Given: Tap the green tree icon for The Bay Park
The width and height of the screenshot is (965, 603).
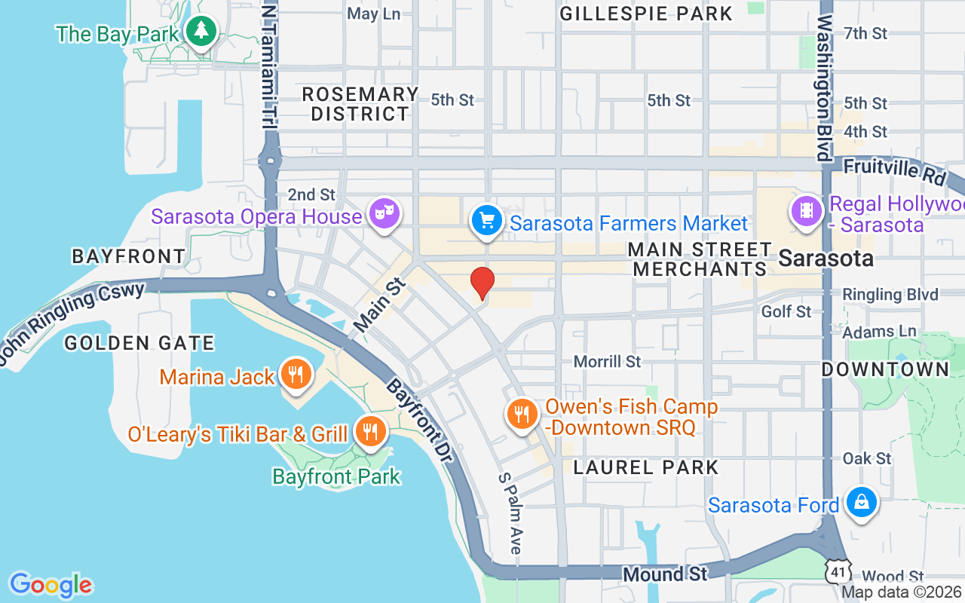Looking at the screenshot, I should pos(201,32).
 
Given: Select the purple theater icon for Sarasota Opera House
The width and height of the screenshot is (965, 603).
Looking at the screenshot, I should pos(384,215).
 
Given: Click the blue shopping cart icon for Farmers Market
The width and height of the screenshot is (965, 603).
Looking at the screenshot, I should pos(487,221).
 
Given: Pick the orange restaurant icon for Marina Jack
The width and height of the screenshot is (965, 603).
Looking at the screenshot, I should pos(295,374).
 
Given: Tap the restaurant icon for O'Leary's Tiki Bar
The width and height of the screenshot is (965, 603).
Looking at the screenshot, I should pos(369,432).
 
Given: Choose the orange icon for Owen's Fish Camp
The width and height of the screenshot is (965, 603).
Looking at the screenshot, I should pos(521,413).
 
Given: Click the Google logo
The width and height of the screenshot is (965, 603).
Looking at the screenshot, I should pos(51,585).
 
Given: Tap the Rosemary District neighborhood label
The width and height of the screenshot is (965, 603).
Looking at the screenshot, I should pos(360,104).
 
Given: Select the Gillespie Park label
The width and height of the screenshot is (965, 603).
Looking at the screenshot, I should pos(646,14).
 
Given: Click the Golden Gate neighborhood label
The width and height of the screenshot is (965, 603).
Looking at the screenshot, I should pos(139,344).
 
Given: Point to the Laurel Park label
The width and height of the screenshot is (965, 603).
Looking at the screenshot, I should pos(646,467).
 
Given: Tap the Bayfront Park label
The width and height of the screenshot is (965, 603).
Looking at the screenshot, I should pos(336,476).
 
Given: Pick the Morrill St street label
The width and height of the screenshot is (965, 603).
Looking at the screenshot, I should pos(607,362).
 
